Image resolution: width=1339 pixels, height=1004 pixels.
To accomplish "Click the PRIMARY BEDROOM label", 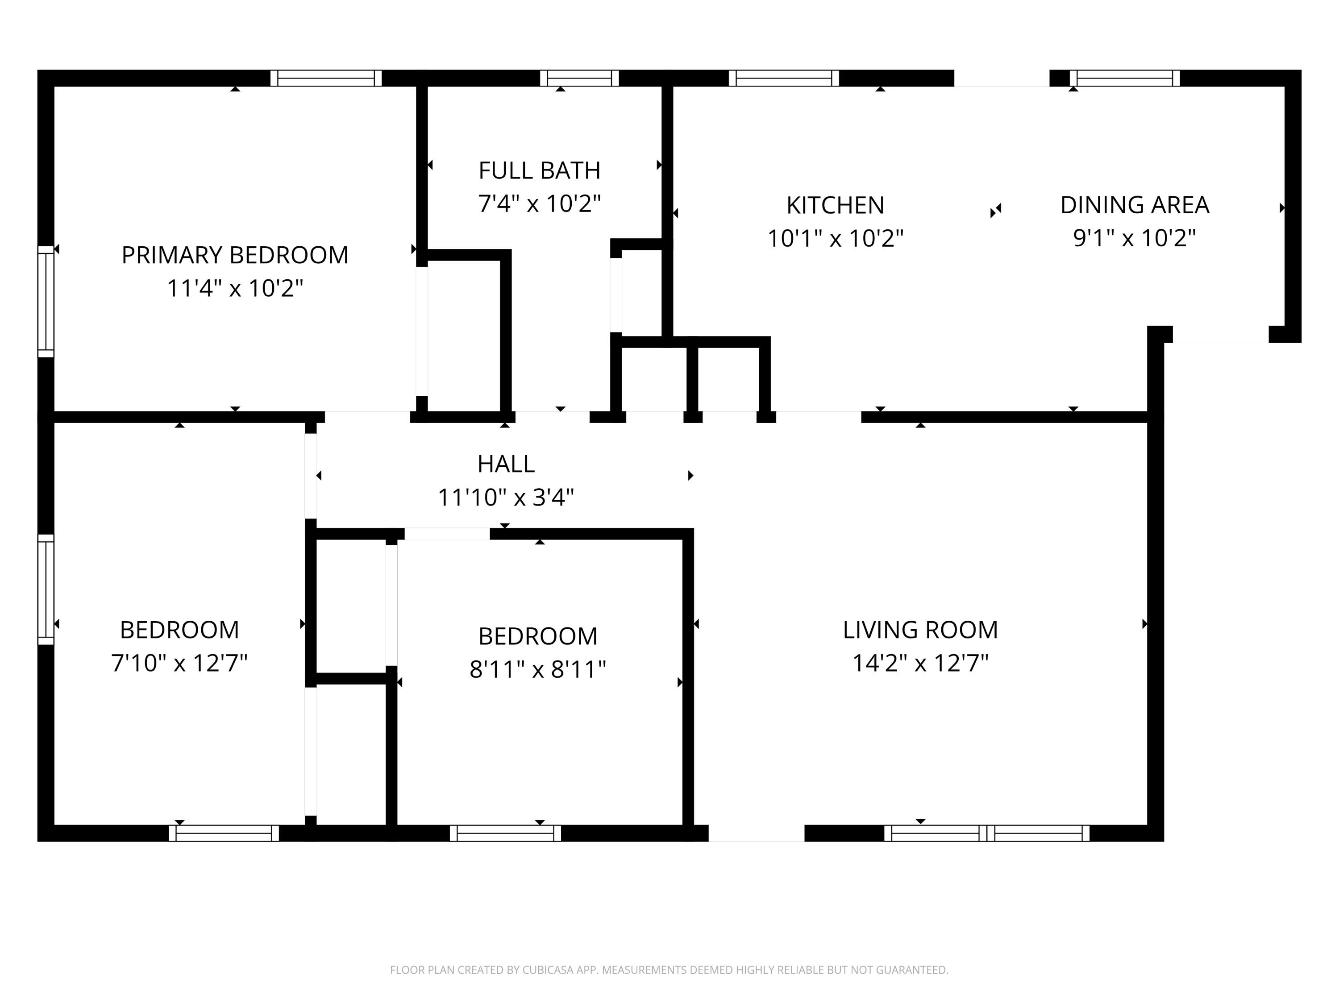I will tap(235, 255).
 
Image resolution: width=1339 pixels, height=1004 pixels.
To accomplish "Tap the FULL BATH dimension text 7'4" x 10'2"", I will tap(539, 204).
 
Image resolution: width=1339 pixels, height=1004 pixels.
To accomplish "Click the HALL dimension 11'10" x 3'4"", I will tap(505, 498).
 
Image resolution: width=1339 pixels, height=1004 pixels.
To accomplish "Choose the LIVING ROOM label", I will tap(920, 630).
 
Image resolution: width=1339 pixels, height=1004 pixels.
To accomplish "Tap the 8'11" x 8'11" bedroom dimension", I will tap(537, 669).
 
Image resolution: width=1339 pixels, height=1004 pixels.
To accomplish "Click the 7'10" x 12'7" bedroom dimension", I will tap(179, 663).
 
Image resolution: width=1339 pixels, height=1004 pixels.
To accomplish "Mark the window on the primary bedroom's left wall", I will tap(46, 301).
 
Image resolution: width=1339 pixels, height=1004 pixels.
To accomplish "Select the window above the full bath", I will tap(579, 78).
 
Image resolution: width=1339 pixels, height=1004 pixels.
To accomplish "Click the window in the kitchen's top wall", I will tap(783, 78).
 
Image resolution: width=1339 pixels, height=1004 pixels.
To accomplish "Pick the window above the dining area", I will tap(1125, 78).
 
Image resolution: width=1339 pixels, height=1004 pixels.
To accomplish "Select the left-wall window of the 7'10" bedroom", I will tap(46, 589).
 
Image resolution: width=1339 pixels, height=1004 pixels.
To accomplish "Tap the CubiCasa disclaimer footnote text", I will tap(669, 970).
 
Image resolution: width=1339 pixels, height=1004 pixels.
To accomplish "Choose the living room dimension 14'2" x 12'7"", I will tap(920, 663).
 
